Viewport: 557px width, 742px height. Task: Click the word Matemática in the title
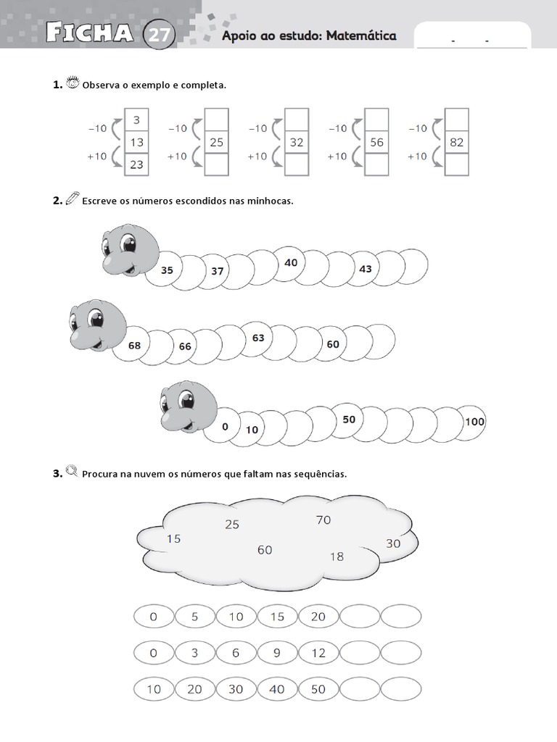(360, 36)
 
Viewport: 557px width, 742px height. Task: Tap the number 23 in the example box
(137, 164)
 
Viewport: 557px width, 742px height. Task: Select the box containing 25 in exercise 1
(217, 143)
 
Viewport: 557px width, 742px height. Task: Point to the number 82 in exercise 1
(456, 143)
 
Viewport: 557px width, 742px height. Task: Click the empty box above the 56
(376, 120)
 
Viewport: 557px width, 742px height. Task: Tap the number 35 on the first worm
(168, 270)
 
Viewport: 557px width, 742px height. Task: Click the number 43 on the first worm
(366, 269)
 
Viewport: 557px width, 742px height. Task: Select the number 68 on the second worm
(134, 346)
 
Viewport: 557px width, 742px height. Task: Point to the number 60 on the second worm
(333, 344)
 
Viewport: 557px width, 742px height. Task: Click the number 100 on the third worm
(475, 422)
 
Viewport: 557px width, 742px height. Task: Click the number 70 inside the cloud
(323, 520)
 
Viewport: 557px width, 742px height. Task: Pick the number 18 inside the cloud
(337, 556)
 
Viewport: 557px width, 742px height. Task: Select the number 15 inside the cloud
(173, 538)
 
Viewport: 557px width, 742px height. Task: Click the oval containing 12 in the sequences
(318, 653)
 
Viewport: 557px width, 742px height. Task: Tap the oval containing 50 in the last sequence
(318, 689)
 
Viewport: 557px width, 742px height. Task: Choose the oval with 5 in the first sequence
(194, 617)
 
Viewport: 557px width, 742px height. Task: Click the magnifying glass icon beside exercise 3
(72, 473)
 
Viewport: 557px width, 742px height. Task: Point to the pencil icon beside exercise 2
(72, 199)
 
